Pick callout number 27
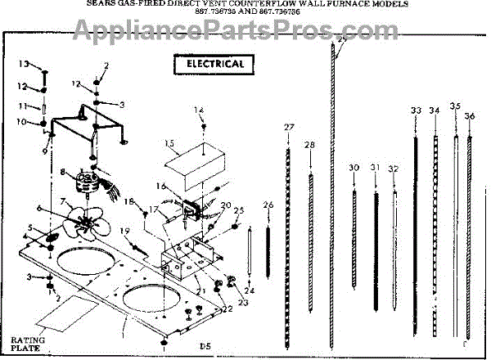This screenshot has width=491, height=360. click(x=288, y=127)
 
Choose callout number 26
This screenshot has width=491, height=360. click(x=268, y=204)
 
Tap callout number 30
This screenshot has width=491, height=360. click(x=354, y=168)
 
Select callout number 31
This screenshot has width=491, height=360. click(x=375, y=168)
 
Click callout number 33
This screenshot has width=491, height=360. click(x=416, y=110)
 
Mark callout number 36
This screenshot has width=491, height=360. click(x=470, y=116)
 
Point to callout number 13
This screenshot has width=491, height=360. click(x=25, y=64)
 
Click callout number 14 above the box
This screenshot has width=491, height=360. click(x=199, y=110)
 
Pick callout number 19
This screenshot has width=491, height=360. click(x=125, y=232)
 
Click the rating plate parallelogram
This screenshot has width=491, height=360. click(x=75, y=312)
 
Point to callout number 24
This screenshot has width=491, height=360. click(x=249, y=290)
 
